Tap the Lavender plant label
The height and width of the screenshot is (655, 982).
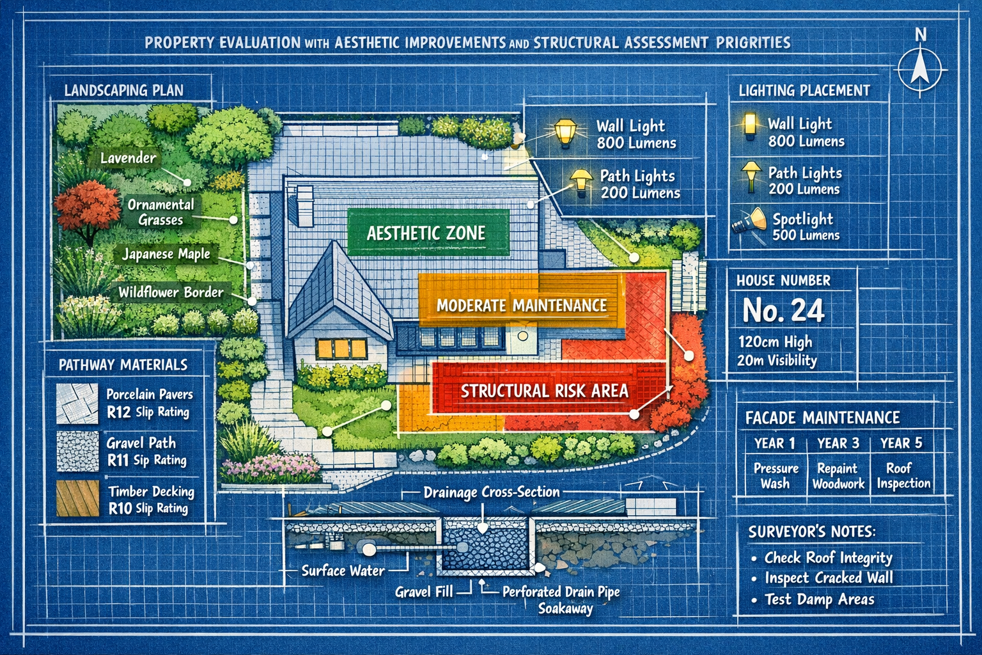coord(128,157)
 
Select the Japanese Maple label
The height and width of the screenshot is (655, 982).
coord(166,254)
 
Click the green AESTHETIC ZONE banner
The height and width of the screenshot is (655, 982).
coord(426,233)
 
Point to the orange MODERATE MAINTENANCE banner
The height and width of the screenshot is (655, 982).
coord(521,305)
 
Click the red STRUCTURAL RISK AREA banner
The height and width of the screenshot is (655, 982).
coord(544,390)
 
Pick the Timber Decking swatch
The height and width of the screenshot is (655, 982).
coord(77,499)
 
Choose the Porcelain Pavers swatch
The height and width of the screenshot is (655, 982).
coord(77,403)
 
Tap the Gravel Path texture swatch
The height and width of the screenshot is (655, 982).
coord(77,451)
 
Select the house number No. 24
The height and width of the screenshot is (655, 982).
coord(783,311)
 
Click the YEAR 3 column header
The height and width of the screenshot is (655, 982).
coord(838,443)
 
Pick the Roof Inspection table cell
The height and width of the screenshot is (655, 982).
coord(903,476)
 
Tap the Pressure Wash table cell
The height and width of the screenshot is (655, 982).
coord(775,476)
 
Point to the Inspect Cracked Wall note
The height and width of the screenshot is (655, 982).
coord(829,578)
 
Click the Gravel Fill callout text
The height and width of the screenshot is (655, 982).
coord(423,592)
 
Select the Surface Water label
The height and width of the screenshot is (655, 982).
coord(343,571)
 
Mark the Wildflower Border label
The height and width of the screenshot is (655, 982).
coord(171,292)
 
